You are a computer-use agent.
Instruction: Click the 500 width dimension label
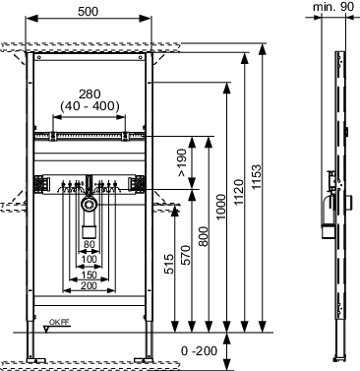click(x=88, y=12)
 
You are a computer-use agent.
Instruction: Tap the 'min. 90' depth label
click(x=333, y=6)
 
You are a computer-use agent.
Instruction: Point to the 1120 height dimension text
click(x=239, y=192)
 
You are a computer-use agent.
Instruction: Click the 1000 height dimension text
click(x=221, y=207)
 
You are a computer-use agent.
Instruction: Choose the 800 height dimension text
click(x=204, y=236)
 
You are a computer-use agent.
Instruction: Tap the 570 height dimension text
click(x=186, y=255)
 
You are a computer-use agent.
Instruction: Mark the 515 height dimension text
click(x=168, y=263)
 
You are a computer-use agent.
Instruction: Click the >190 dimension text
click(x=182, y=162)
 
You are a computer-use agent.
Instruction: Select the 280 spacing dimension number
click(x=90, y=94)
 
